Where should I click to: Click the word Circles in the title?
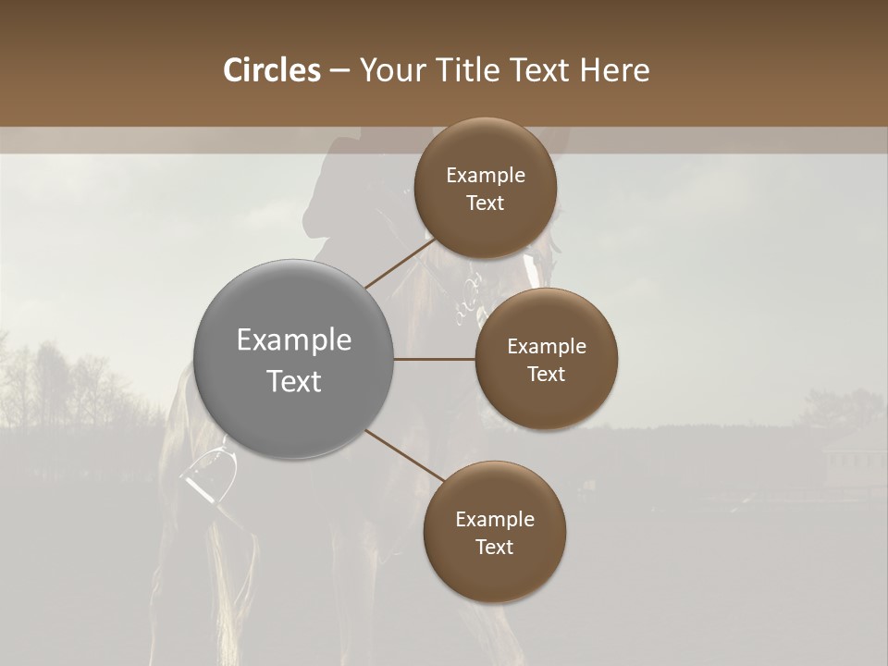[271, 70]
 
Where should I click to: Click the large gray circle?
[293, 359]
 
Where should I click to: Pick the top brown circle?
[486, 188]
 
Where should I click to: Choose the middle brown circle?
[546, 359]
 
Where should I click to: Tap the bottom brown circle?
[494, 532]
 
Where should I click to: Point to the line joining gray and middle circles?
[434, 359]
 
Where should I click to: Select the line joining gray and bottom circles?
[405, 456]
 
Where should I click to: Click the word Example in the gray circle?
[293, 339]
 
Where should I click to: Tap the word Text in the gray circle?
[293, 381]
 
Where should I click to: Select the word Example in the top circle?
[486, 175]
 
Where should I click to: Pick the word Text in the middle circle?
[546, 374]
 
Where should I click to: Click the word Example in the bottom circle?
[494, 519]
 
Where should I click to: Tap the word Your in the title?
[389, 70]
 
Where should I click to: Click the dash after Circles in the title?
[339, 71]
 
